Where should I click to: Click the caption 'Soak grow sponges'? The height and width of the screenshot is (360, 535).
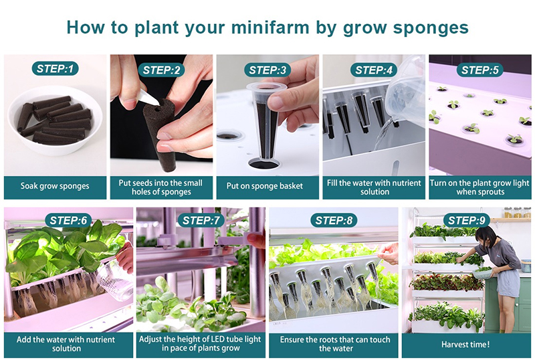click(x=55, y=187)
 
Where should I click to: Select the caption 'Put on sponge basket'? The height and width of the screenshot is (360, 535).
click(x=267, y=187)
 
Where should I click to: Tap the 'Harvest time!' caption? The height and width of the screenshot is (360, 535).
click(x=465, y=345)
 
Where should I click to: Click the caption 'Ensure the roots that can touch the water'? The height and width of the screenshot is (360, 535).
click(x=334, y=344)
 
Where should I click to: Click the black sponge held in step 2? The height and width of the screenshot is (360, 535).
click(x=160, y=134)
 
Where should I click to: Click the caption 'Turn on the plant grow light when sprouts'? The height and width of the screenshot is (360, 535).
click(x=479, y=187)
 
